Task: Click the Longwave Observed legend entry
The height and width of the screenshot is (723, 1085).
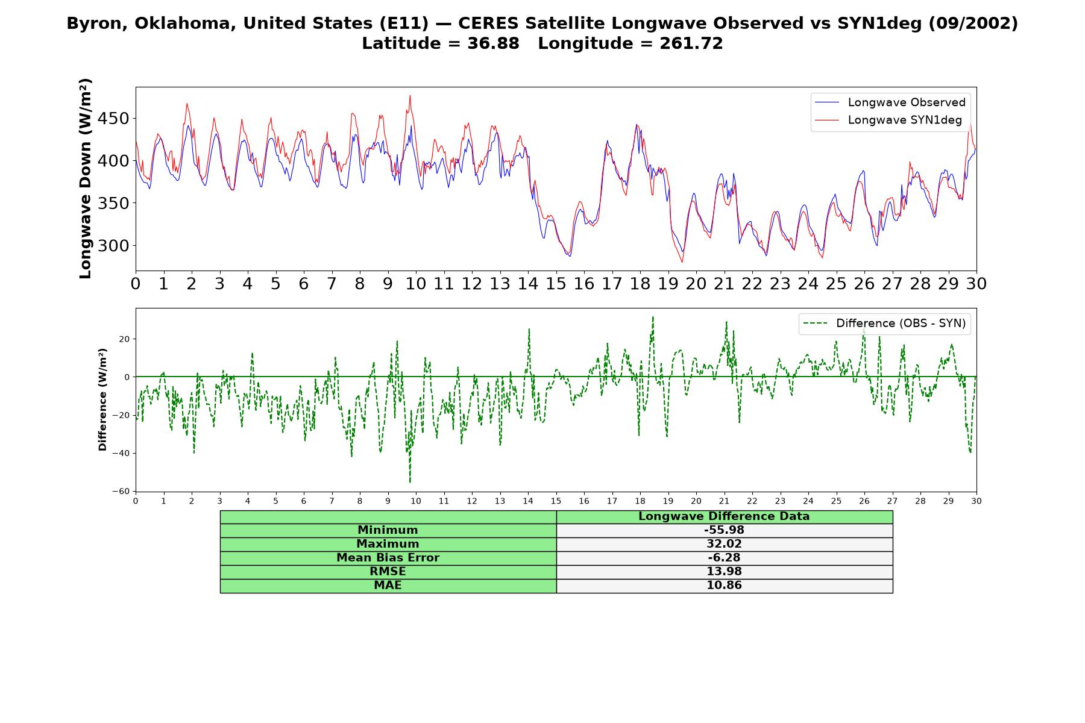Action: [x=890, y=102]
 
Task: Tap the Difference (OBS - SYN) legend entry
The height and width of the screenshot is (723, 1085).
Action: [x=884, y=324]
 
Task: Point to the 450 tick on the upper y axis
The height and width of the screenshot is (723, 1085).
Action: [x=114, y=119]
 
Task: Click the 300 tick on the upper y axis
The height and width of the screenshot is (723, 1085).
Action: [x=114, y=246]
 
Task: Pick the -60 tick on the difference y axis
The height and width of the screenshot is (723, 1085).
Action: [x=121, y=492]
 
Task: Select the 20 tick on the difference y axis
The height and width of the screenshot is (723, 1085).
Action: [x=124, y=339]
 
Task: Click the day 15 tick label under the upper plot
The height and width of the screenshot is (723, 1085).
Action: [x=556, y=284]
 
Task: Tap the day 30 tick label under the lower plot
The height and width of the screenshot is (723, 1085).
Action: [x=976, y=501]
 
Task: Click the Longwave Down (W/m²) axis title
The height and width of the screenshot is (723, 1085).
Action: [x=86, y=178]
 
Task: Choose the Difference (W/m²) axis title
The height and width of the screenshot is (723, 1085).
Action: [x=102, y=399]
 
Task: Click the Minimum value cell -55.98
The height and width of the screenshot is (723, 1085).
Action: [x=724, y=530]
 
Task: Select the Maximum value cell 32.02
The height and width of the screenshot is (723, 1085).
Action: [x=724, y=544]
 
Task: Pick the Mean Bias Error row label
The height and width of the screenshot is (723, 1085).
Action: [x=388, y=558]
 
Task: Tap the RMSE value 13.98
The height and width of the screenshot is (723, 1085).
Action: [x=724, y=572]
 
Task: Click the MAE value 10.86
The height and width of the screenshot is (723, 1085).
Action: [x=724, y=586]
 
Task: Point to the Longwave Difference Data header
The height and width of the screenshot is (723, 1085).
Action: [x=724, y=516]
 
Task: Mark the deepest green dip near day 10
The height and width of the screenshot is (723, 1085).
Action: [x=410, y=482]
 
